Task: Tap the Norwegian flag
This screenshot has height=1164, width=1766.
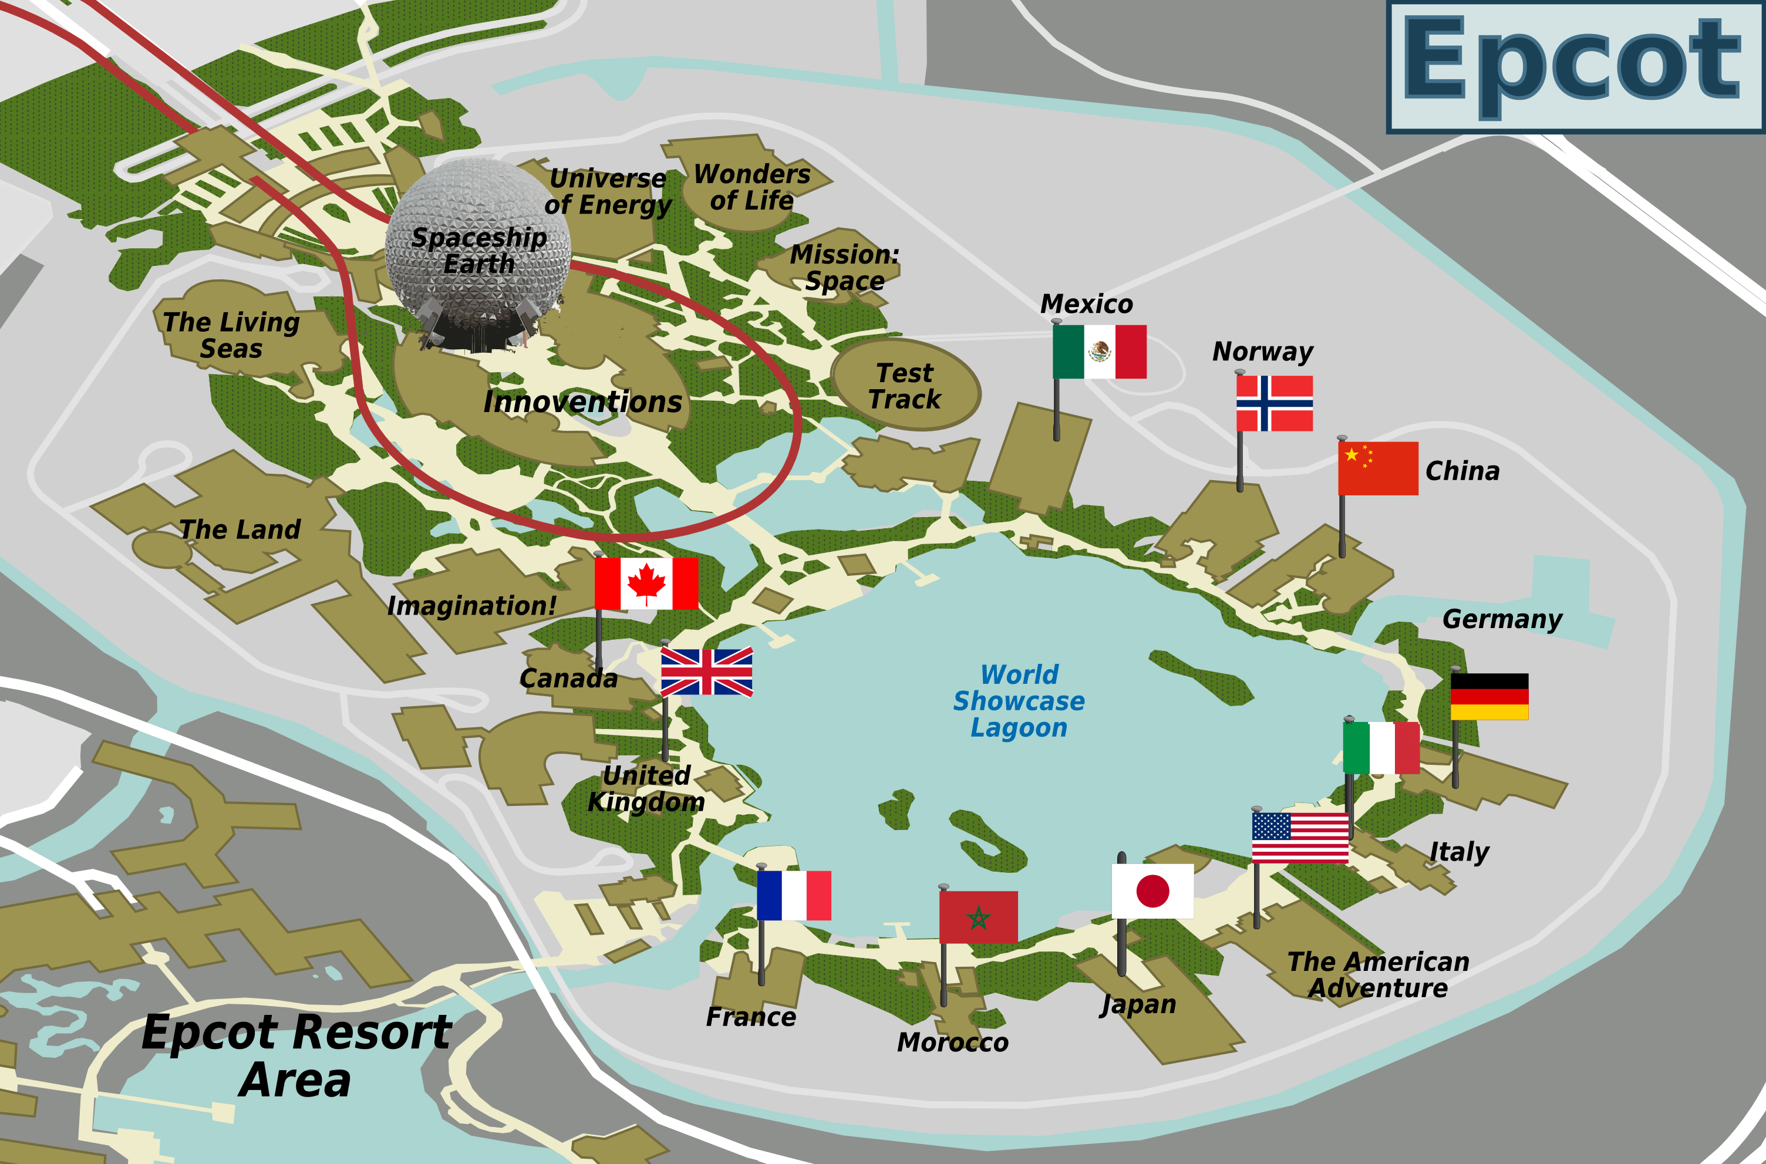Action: tap(1274, 403)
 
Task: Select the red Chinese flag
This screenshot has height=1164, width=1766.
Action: tap(1378, 468)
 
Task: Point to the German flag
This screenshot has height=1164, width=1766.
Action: tap(1489, 696)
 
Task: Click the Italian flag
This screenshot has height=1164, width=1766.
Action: tap(1381, 748)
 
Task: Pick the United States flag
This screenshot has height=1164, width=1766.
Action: tap(1300, 838)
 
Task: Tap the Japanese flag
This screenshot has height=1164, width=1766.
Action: tap(1152, 891)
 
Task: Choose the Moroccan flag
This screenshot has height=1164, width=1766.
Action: tap(978, 917)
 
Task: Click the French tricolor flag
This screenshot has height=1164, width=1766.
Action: tap(794, 895)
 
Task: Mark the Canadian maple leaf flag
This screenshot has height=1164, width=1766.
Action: tap(646, 583)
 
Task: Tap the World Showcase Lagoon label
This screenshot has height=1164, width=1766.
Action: tap(1019, 701)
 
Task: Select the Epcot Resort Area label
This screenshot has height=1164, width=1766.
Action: tap(295, 1057)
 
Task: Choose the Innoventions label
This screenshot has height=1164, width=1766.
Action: tap(583, 402)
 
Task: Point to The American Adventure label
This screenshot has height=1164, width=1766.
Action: tap(1378, 975)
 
